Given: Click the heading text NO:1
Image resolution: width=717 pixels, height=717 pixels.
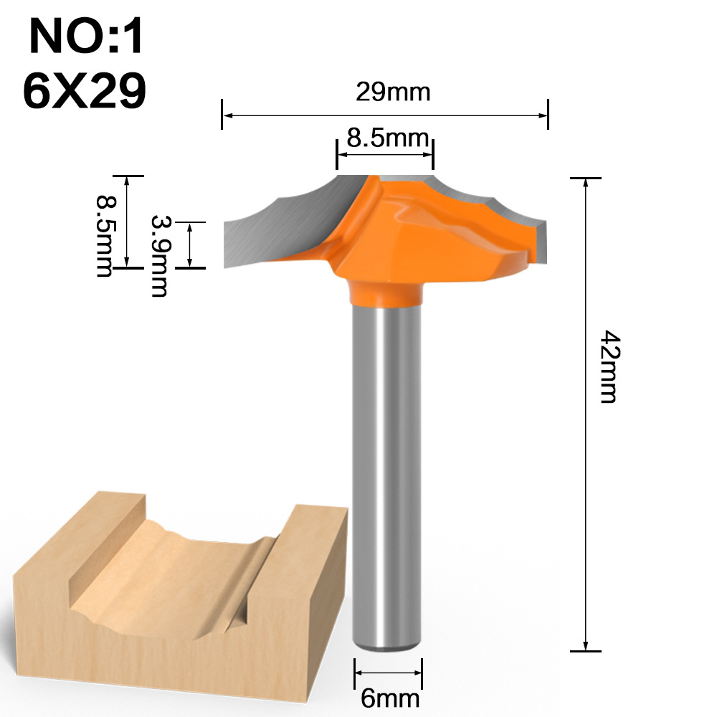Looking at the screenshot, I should click(86, 37).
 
